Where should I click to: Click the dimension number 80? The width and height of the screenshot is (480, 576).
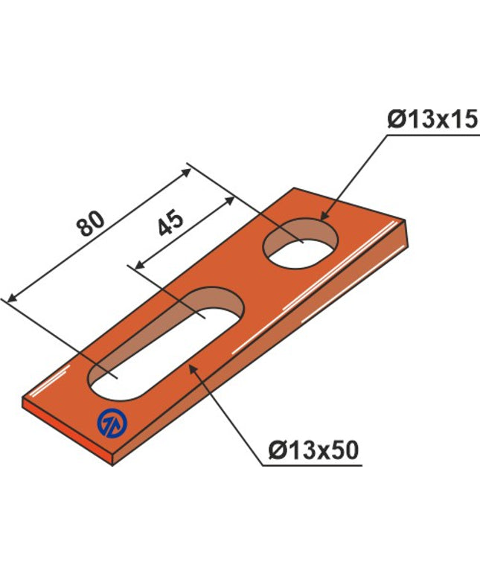coord(91,223)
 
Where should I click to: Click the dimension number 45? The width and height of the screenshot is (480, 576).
coord(170,223)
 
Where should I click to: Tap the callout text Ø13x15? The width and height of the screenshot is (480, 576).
coord(432,120)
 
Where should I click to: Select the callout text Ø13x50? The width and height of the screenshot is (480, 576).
coord(313,449)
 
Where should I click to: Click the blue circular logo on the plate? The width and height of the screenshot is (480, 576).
coord(112,423)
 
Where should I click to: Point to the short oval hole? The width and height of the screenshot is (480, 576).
coord(301,243)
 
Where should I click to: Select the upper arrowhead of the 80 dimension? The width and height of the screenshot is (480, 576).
coord(186,172)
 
